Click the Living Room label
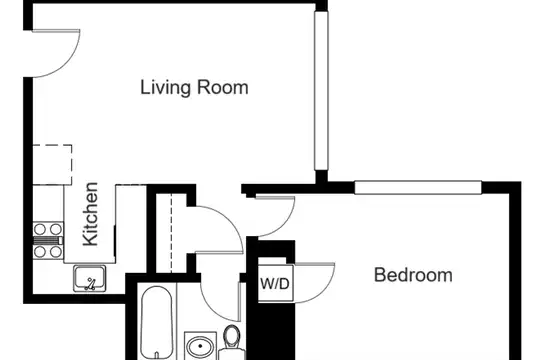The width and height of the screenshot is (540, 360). (x=194, y=88)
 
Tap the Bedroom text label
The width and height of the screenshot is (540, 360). (x=413, y=275)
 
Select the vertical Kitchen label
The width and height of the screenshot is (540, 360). (x=91, y=214)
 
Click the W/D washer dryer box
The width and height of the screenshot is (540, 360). (x=276, y=283)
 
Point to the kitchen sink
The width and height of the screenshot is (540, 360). (x=90, y=278)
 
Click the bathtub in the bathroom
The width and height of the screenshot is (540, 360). (x=157, y=322)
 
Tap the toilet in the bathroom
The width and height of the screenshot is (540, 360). (x=232, y=342)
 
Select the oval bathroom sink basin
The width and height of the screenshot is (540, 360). (x=200, y=347)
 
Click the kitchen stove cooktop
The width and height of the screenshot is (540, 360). (x=48, y=240)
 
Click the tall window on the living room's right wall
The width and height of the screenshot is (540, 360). (x=321, y=91)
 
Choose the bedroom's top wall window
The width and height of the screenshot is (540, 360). (x=418, y=188)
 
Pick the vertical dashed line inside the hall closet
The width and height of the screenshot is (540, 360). (x=171, y=233)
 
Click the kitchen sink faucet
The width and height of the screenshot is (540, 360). (x=90, y=284)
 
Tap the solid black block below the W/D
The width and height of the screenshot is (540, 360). (x=272, y=331)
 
